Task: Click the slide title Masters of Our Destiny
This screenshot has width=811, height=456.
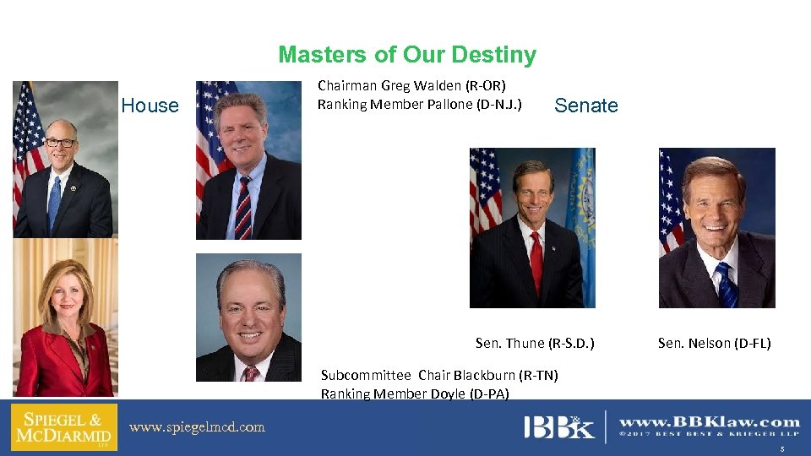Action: [x=406, y=55]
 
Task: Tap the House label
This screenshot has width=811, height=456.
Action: [x=150, y=106]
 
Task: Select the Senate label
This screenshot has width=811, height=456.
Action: [x=586, y=106]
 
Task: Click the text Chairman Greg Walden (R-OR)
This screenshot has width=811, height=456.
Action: [x=411, y=85]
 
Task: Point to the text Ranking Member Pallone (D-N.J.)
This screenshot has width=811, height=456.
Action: [x=419, y=105]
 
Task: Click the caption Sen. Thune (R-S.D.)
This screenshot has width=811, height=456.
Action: [x=535, y=343]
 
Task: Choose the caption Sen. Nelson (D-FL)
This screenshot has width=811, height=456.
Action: [x=715, y=343]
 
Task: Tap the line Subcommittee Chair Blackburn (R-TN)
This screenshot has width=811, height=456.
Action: [x=439, y=375]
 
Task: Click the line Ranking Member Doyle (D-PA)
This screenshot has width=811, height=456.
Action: [x=415, y=393]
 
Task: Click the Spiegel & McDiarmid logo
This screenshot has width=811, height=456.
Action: [x=64, y=427]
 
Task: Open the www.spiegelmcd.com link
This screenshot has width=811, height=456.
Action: [x=197, y=427]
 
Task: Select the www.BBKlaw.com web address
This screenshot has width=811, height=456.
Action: [x=710, y=421]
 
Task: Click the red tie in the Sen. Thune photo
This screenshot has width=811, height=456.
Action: [x=536, y=262]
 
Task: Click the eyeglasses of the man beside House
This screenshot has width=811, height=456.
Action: [x=60, y=143]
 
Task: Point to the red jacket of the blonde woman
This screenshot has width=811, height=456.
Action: [x=42, y=363]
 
